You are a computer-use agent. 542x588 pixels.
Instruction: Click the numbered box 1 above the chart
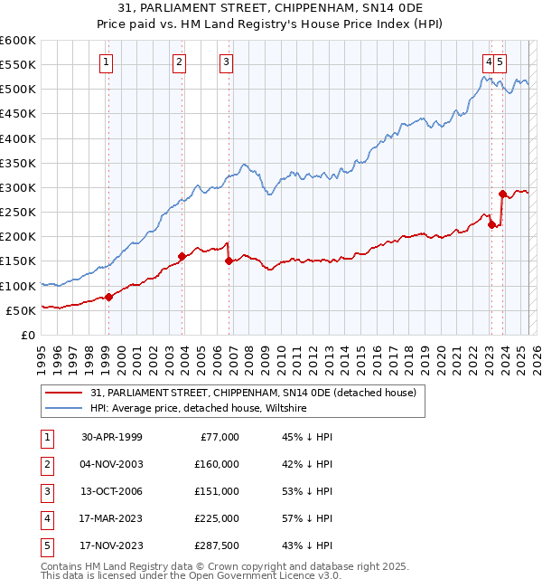(107, 62)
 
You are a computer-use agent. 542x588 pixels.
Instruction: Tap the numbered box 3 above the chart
(226, 62)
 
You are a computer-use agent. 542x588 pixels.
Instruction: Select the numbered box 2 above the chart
(180, 62)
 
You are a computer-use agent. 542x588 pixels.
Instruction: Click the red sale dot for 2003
(182, 256)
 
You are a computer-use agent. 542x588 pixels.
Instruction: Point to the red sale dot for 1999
(108, 297)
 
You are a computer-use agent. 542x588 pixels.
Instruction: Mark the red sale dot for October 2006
(229, 261)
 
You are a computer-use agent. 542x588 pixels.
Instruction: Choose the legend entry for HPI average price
(199, 409)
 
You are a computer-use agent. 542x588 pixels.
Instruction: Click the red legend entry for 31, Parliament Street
(253, 393)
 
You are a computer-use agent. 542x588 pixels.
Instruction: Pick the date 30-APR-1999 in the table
(112, 436)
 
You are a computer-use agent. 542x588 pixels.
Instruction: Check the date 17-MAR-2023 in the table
(112, 518)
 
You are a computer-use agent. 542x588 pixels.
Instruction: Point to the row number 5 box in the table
(45, 545)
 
